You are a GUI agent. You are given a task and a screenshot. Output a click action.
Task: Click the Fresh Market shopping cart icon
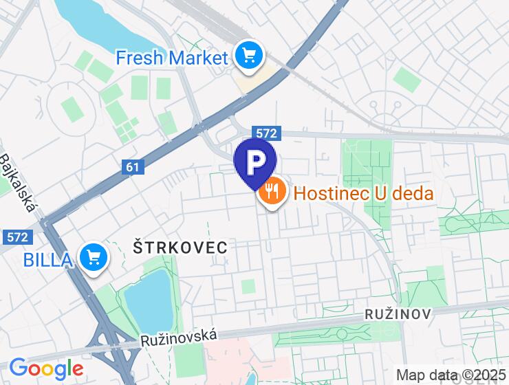point(248,56)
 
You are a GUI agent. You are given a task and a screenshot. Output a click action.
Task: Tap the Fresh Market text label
point(171,57)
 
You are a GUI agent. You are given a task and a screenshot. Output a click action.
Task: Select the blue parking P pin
point(255,162)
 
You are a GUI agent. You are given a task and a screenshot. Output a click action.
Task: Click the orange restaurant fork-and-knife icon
point(272,192)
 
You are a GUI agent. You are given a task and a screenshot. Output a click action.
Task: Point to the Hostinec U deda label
point(364,193)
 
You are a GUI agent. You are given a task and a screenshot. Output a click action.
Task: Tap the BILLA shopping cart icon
point(93,258)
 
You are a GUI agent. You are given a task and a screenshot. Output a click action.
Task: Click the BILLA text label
point(48,259)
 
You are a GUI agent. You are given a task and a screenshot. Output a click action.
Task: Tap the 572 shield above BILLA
point(19,236)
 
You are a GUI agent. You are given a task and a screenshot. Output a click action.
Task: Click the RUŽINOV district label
point(398,314)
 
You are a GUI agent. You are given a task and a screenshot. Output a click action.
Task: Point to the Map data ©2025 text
point(451,375)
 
